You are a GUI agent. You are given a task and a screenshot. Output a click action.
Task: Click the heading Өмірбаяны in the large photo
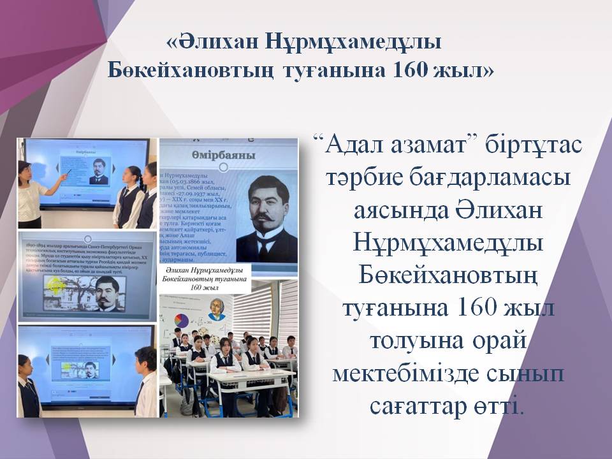(223, 156)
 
